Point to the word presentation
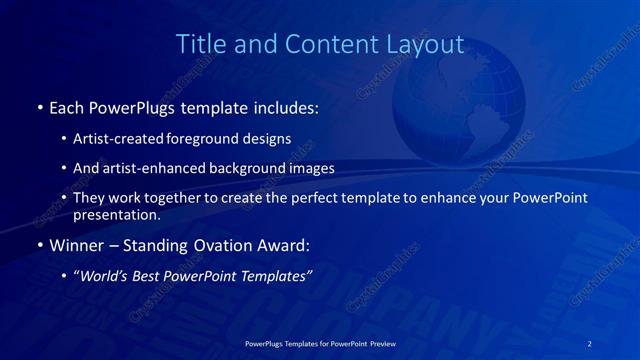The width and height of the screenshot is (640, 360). coord(116,214)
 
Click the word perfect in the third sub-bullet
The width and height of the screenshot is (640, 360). coord(313,198)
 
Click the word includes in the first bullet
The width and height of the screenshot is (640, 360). coord(288,105)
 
